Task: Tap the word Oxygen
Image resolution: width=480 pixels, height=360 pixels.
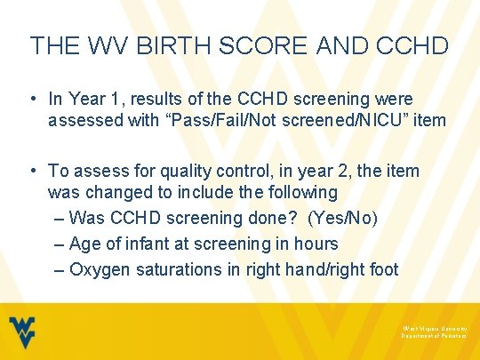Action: (97, 268)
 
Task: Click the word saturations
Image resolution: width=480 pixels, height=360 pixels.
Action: (177, 268)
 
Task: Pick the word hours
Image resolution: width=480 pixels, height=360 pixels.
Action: (316, 243)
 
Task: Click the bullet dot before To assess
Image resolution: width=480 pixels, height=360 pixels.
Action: (33, 170)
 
